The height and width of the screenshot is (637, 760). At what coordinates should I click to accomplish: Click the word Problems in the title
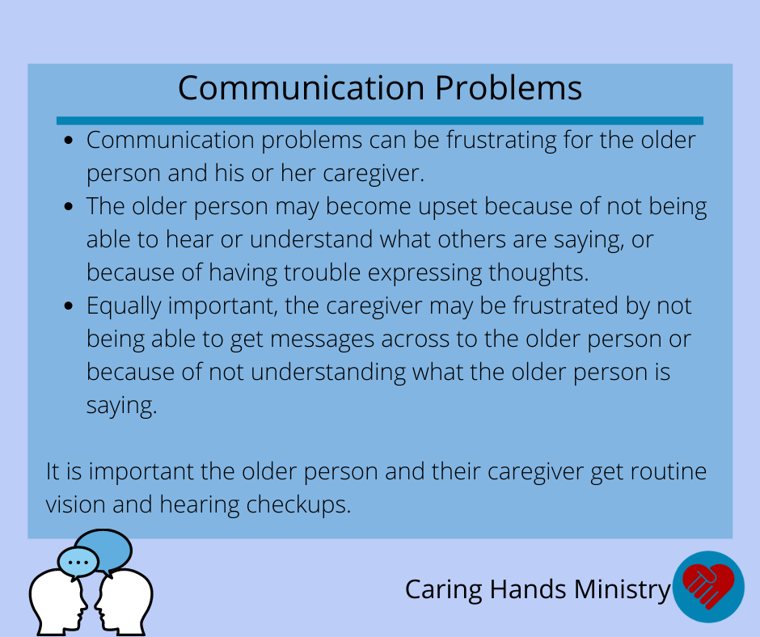tap(509, 89)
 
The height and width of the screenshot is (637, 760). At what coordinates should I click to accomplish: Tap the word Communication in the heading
tap(302, 88)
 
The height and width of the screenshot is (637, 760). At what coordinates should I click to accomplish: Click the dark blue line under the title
tap(380, 120)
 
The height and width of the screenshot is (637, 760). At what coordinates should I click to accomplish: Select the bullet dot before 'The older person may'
tap(69, 206)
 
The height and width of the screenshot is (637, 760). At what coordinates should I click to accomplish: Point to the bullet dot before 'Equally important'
tap(69, 306)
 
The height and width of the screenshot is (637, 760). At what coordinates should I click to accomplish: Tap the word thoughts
tap(538, 272)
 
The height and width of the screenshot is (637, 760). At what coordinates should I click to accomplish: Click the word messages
tap(323, 340)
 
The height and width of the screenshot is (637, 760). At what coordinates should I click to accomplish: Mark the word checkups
tap(298, 505)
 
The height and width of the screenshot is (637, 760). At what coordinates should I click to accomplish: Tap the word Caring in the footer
tap(444, 590)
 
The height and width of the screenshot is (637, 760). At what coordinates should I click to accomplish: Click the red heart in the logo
tap(708, 585)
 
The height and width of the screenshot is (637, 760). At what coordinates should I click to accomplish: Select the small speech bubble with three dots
tap(78, 563)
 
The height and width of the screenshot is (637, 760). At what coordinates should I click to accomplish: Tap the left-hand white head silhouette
tap(57, 602)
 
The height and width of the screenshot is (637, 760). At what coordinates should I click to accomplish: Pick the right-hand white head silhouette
tap(125, 602)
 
